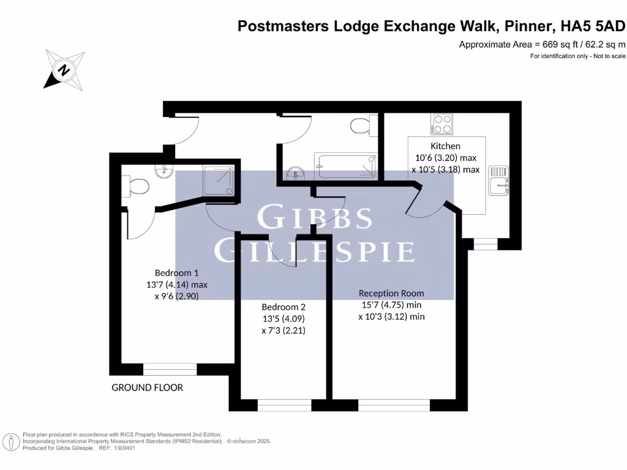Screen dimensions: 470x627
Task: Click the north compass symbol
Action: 63,70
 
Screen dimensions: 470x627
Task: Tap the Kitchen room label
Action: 445,146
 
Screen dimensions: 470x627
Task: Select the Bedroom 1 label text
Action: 176,272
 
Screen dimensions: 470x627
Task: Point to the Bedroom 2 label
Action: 283,307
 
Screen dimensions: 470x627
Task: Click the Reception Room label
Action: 391,293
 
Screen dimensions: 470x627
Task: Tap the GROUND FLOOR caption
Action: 147,387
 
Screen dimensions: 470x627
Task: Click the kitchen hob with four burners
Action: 441,124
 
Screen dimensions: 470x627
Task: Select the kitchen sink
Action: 498,181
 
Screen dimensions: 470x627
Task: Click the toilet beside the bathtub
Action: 361,126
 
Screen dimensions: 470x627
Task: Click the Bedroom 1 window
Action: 170,369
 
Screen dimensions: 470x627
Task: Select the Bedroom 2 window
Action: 284,405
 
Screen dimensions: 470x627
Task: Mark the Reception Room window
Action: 394,405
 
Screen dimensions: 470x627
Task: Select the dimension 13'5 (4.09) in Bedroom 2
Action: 283,319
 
